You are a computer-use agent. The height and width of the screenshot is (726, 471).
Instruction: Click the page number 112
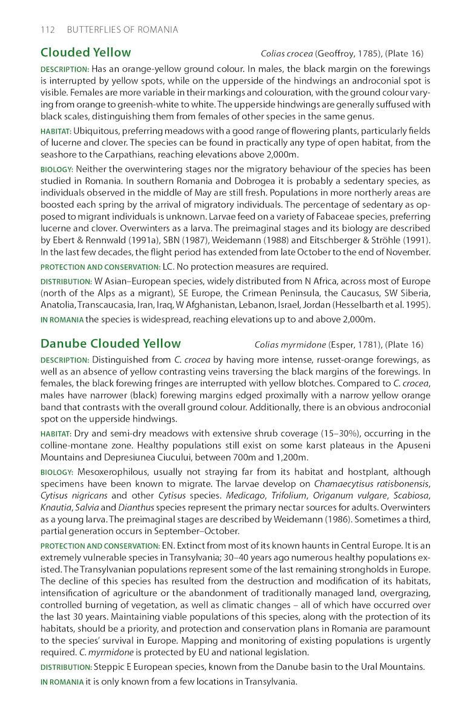tap(48, 30)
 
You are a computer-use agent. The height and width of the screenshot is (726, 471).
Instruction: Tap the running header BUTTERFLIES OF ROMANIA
tap(122, 30)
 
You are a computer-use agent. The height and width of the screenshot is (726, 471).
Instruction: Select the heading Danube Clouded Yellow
tap(110, 344)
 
